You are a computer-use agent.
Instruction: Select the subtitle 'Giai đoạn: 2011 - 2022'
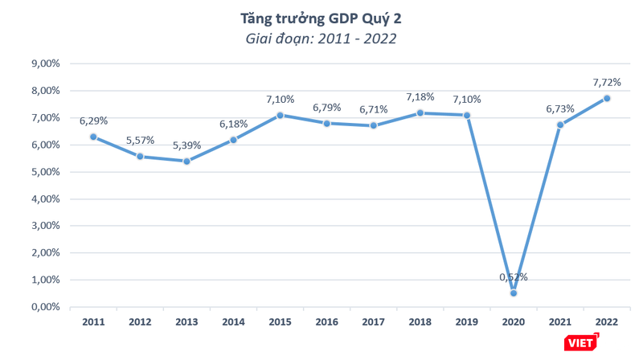[x=321, y=37]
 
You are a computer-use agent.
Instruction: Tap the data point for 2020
[x=514, y=292]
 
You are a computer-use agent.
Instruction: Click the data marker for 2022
[x=607, y=98]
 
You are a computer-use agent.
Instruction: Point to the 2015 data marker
[x=281, y=115]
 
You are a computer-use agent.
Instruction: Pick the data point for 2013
[x=186, y=161]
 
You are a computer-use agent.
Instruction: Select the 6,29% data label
[x=93, y=121]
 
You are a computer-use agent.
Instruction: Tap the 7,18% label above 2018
[x=420, y=97]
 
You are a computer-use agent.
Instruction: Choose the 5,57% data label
[x=140, y=141]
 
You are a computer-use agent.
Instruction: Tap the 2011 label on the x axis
[x=93, y=321]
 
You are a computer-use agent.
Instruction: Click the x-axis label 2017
[x=374, y=321]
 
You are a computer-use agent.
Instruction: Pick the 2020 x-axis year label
[x=514, y=321]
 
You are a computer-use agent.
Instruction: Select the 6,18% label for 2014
[x=233, y=124]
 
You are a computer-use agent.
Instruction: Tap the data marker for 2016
[x=327, y=123]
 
